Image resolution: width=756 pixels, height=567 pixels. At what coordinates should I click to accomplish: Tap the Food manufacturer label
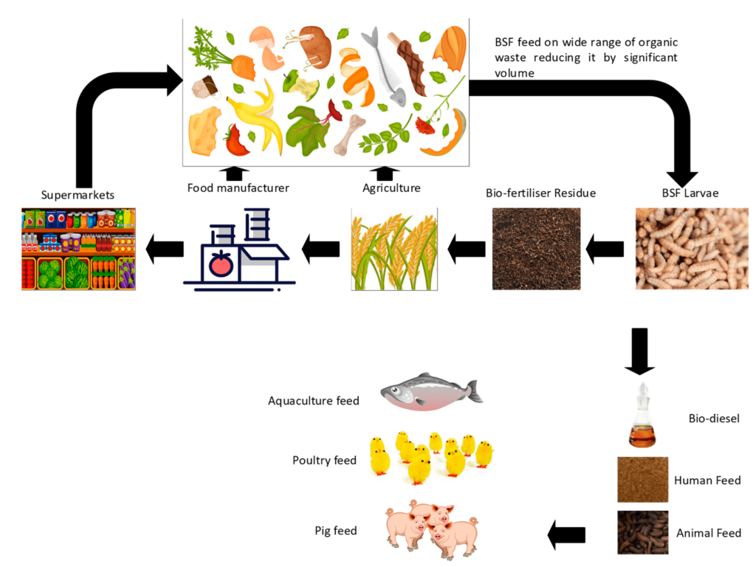pyautogui.click(x=238, y=188)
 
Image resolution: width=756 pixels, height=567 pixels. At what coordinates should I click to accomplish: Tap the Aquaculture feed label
pyautogui.click(x=313, y=401)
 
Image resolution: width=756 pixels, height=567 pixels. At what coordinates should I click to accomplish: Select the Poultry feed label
pyautogui.click(x=324, y=461)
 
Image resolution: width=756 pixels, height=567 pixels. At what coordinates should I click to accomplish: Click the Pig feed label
pyautogui.click(x=335, y=530)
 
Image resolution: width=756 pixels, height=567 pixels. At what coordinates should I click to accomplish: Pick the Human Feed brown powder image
pyautogui.click(x=642, y=480)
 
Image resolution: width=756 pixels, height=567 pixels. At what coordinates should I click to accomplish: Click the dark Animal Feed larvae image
pyautogui.click(x=642, y=532)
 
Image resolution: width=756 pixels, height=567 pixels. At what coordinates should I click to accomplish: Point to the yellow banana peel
pyautogui.click(x=258, y=115)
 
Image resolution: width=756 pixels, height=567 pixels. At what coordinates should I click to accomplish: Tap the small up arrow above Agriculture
pyautogui.click(x=384, y=173)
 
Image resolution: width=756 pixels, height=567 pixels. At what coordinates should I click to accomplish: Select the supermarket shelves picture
pyautogui.click(x=78, y=249)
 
